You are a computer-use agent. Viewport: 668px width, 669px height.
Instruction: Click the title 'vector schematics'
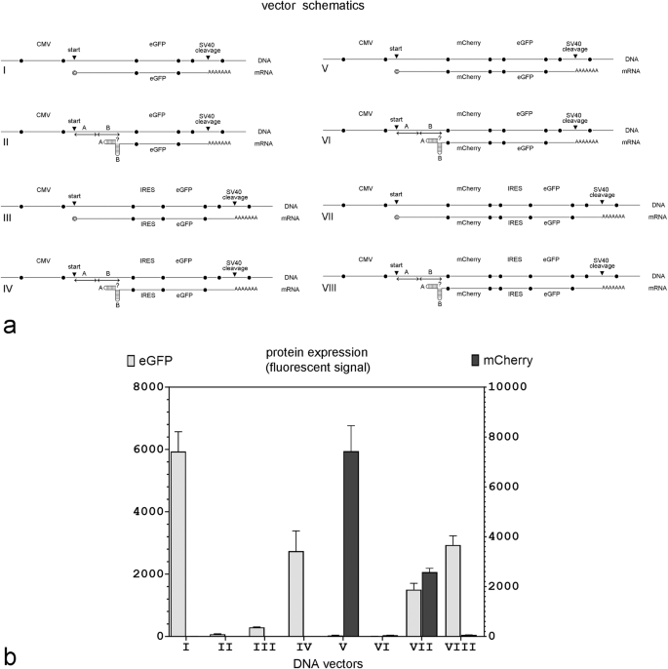334,8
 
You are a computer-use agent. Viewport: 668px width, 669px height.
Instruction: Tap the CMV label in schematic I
42,43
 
